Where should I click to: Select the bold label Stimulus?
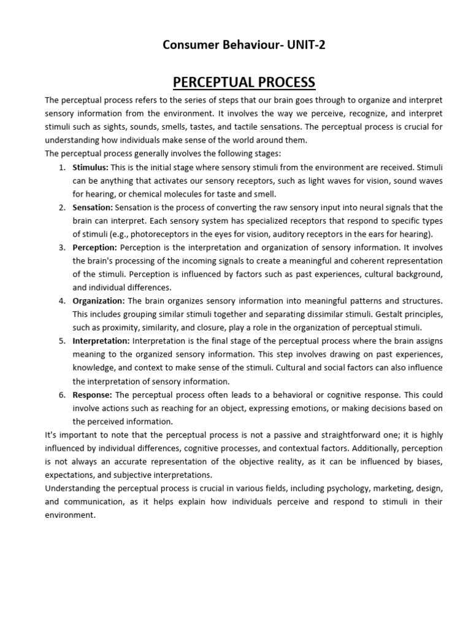click(x=90, y=167)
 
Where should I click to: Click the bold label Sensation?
click(x=93, y=208)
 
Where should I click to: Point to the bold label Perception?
click(x=94, y=248)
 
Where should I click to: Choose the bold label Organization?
click(x=98, y=301)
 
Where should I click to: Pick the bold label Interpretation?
click(x=101, y=341)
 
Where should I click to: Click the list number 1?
click(x=62, y=167)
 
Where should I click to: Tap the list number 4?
click(x=62, y=301)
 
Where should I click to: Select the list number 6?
click(x=62, y=394)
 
